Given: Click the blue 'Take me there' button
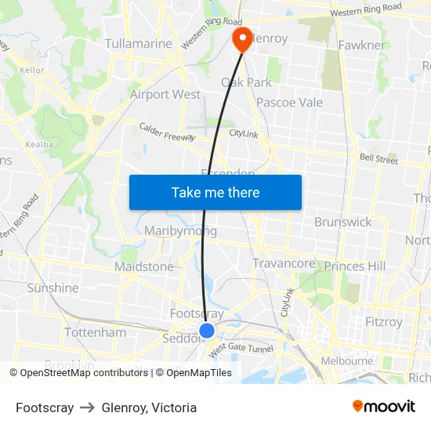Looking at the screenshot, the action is click(x=215, y=192).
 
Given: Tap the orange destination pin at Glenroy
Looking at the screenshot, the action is click(x=242, y=39).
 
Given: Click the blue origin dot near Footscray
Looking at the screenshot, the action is click(x=207, y=331).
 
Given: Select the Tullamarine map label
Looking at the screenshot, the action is click(x=138, y=44).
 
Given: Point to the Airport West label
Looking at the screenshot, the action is click(x=165, y=94).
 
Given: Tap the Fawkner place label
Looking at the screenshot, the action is click(x=361, y=45).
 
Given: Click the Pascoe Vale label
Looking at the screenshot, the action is click(x=289, y=103).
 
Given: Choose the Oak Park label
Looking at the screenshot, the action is click(x=246, y=82).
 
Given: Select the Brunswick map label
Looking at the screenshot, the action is click(x=342, y=222).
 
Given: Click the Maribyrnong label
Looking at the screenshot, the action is click(x=180, y=231).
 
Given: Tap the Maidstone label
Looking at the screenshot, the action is click(x=143, y=266).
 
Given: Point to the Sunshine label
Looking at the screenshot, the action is click(x=53, y=288).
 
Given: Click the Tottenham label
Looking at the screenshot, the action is click(x=95, y=332).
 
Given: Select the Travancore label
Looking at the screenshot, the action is click(x=283, y=263).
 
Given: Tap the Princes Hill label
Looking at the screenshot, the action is click(x=354, y=266).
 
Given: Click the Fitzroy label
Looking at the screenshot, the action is click(x=384, y=321).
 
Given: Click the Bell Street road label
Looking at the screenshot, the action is click(x=378, y=159).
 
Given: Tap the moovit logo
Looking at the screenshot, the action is click(x=384, y=407).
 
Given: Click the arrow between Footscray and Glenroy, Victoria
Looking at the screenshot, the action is click(x=88, y=407).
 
